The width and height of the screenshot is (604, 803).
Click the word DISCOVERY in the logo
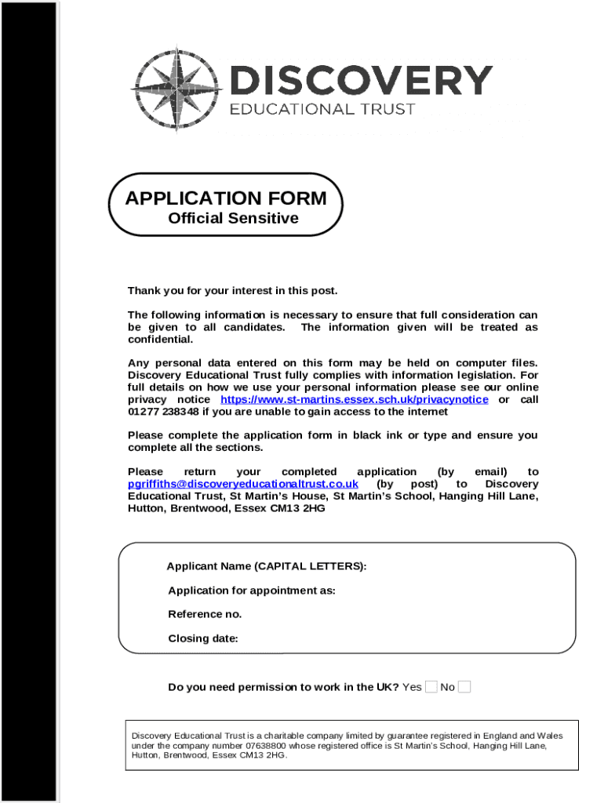[x=360, y=82]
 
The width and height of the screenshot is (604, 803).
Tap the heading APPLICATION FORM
[x=226, y=198]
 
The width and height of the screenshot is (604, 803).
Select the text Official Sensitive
[x=233, y=219]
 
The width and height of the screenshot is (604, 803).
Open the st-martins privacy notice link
[x=354, y=400]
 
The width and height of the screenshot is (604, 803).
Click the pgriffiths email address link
[x=243, y=484]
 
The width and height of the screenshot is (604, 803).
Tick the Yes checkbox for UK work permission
[x=431, y=688]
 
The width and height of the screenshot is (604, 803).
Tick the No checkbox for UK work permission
[x=464, y=688]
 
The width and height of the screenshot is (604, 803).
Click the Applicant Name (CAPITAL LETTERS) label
[x=267, y=566]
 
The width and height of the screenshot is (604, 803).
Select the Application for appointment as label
[x=252, y=590]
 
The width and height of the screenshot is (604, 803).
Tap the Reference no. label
[x=205, y=614]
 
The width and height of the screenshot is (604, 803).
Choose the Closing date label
[x=203, y=638]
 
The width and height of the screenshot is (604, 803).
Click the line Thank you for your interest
[x=233, y=291]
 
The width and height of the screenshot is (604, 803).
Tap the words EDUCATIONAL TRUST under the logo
[x=322, y=110]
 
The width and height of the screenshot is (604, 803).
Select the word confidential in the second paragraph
[x=160, y=340]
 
